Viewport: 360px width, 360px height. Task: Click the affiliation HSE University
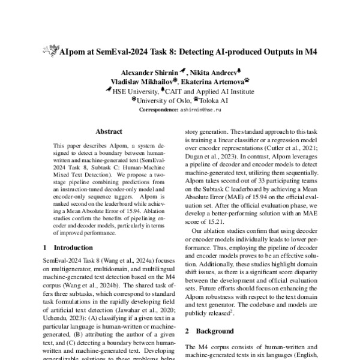point(135,92)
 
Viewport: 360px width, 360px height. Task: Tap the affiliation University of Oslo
point(164,101)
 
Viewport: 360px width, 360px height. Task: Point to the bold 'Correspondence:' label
point(158,110)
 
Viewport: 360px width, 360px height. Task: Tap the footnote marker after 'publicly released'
point(236,311)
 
